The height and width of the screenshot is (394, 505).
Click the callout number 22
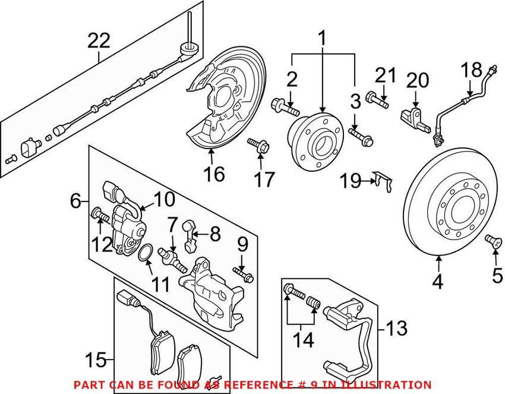coord(99,42)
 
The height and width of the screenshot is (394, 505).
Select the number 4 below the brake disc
coord(437,282)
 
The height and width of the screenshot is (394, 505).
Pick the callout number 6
coord(75,201)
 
